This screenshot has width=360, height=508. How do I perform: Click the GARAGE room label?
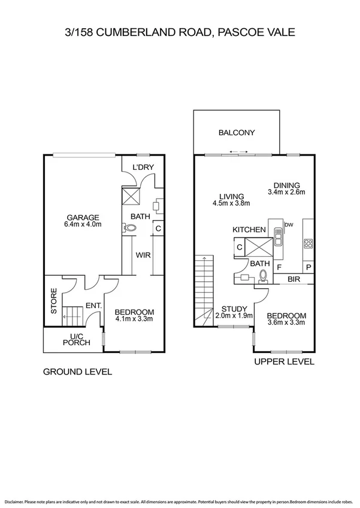pos(83,217)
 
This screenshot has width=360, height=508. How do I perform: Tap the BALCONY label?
pos(237,133)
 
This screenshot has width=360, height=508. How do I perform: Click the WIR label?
pos(143,255)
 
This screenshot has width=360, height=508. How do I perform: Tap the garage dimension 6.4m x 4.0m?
pos(83,225)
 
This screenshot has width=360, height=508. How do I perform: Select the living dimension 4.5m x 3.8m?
pos(231,203)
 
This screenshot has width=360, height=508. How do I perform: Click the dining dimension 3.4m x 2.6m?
pos(286,193)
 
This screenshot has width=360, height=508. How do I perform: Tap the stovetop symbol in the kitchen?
pos(308,243)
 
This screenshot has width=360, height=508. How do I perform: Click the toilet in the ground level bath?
pos(132,228)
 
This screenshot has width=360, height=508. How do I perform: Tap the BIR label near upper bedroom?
pos(294,279)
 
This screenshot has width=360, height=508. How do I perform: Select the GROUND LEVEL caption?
pos(77,372)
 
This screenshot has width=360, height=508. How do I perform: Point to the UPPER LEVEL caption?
pos(284,362)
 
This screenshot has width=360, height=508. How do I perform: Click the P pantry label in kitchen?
pos(308,267)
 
